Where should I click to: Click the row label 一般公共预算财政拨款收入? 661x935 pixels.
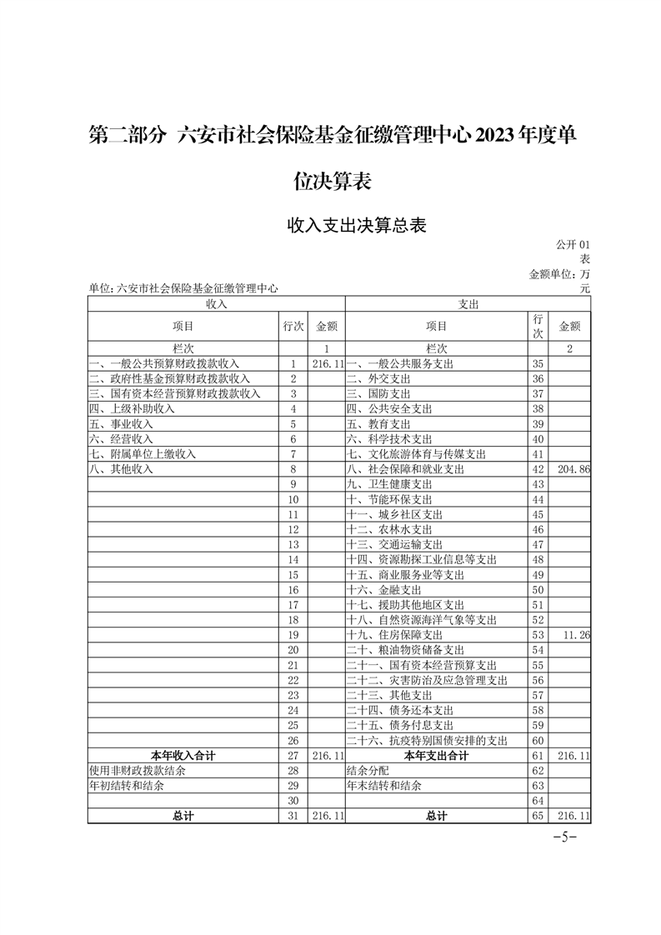pos(164,364)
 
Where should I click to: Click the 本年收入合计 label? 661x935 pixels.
pos(183,756)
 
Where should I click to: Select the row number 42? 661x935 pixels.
pos(538,469)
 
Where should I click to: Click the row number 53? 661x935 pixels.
pos(538,635)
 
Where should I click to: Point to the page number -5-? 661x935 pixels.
pos(565,837)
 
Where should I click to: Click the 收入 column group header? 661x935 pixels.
pos(217,305)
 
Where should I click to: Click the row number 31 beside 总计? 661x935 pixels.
pos(293,816)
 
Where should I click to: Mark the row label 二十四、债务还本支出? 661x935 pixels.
pos(400,711)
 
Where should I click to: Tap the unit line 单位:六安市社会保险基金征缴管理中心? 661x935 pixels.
pos(183,288)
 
